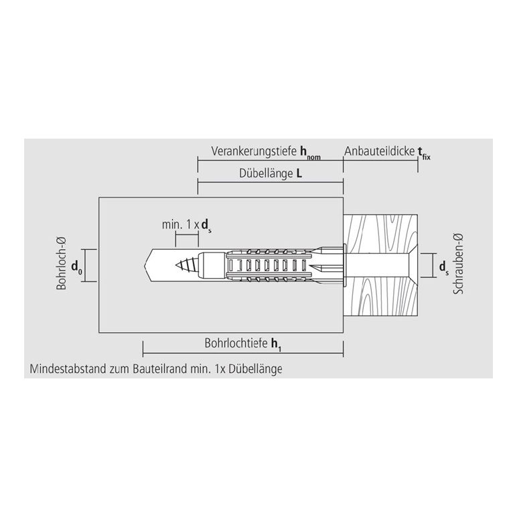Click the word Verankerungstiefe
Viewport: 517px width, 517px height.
[254, 151]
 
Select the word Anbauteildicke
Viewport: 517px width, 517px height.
[379, 151]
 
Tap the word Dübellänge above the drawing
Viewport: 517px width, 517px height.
[266, 173]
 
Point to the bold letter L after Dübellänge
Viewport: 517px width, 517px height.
[299, 173]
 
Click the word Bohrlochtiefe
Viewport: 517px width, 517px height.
[236, 344]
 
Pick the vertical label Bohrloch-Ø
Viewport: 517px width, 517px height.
[62, 264]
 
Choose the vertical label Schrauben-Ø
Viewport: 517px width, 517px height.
[458, 263]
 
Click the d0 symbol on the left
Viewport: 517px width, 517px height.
[76, 267]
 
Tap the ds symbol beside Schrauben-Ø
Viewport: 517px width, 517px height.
[444, 267]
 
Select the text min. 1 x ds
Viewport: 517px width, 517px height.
[187, 226]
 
